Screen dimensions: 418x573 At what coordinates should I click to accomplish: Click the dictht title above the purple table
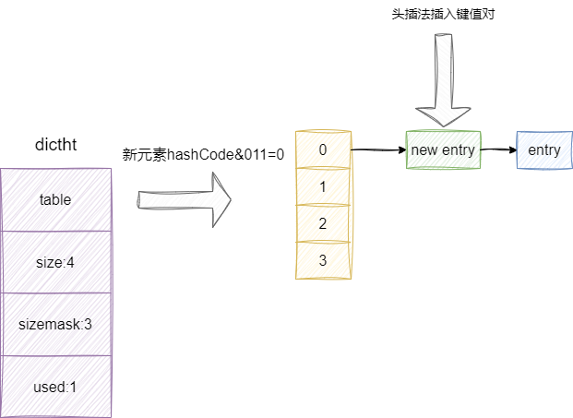pos(55,147)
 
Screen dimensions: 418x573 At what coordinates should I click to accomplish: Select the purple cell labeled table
pos(55,198)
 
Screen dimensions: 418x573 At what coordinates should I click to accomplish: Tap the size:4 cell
pos(55,262)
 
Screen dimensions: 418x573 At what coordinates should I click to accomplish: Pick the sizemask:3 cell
pos(55,324)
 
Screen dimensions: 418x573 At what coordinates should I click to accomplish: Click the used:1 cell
pos(55,387)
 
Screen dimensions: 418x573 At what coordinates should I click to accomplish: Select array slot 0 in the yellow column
pos(322,149)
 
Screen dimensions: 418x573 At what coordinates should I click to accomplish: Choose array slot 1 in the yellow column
pos(322,186)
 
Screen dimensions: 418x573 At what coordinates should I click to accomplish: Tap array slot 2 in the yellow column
pos(322,223)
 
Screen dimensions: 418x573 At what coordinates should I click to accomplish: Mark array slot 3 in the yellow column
pos(322,260)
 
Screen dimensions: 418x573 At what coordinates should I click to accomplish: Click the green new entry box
pos(444,150)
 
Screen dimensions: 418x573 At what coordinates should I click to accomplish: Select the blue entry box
pos(543,150)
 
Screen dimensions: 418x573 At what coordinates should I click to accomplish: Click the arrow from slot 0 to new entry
pos(378,149)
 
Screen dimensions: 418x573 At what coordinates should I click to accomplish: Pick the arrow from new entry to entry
pos(498,149)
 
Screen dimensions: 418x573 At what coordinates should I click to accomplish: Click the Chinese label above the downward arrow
pos(444,16)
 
